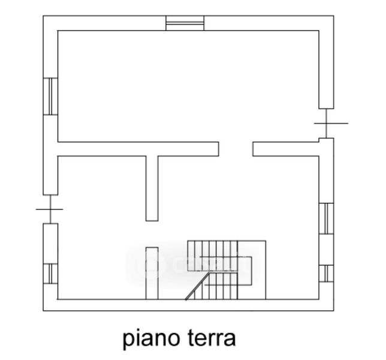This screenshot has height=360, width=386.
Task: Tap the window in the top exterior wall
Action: (185, 23)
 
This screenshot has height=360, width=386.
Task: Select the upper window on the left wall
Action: (50, 96)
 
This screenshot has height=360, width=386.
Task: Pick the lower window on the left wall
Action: (50, 273)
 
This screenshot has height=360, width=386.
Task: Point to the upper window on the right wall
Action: (326, 218)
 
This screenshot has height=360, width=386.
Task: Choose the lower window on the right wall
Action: (326, 273)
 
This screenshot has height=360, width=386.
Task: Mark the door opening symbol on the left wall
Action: (50, 209)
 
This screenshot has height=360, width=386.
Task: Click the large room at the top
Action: (186, 84)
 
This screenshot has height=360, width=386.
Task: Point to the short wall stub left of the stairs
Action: (152, 273)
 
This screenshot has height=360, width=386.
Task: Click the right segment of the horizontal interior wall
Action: (285, 149)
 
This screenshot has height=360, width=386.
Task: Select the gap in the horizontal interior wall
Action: (236, 149)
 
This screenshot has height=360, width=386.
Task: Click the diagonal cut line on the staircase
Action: (198, 286)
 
